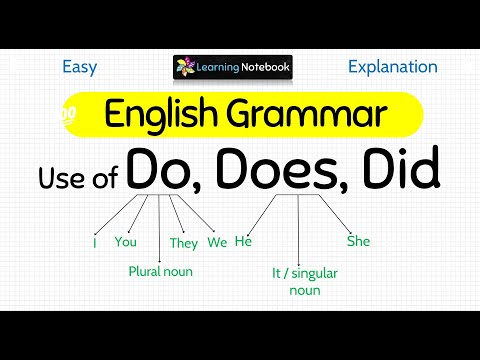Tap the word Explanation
[392, 68]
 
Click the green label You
[125, 242]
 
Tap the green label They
[184, 242]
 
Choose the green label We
[217, 242]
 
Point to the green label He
[242, 242]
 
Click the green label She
[358, 241]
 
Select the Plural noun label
[160, 271]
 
